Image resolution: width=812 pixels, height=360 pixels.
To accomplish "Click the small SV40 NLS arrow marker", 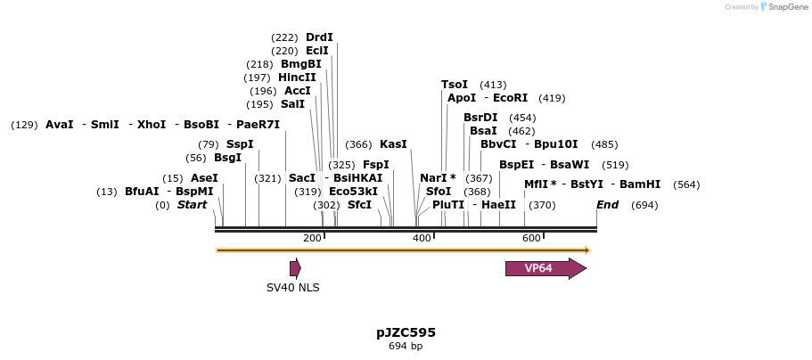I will coord(295,268).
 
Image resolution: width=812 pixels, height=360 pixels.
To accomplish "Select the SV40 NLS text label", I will coord(292,287).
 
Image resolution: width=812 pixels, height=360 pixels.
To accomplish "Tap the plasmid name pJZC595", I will coord(406,332).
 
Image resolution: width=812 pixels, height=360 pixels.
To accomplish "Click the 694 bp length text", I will coord(406,346).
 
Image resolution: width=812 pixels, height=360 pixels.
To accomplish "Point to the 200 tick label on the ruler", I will coord(312,238).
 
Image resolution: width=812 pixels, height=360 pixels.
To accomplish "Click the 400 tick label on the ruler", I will coord(422,238).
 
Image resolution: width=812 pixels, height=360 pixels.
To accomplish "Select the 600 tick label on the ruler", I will coord(531,238).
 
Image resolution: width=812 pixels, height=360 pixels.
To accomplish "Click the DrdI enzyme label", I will coord(319,37).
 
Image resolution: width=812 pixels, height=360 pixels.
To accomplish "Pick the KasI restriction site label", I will coord(393,144).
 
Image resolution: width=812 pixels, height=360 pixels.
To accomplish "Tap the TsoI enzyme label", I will coord(455,85).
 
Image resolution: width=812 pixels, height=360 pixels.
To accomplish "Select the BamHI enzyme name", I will coord(639,184).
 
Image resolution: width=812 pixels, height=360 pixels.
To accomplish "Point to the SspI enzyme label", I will coord(240,144).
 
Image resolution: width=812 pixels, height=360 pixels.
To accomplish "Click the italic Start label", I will coord(192,205).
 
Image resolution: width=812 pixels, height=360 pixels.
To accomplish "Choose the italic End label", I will coord(607,205).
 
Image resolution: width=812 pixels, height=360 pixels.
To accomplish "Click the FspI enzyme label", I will coord(376,165).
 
